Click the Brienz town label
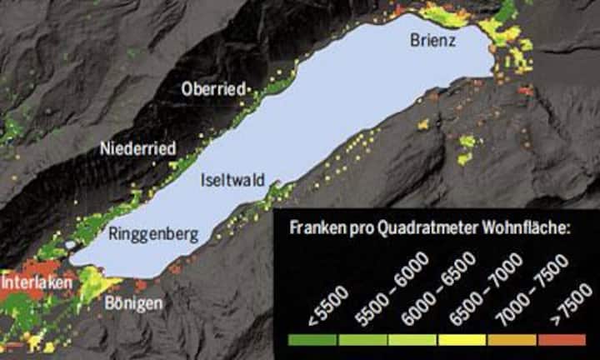click(x=432, y=40)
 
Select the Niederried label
click(x=137, y=149)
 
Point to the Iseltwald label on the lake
click(x=228, y=179)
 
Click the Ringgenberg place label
click(x=153, y=235)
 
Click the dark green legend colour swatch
click(x=312, y=340)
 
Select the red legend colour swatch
click(x=562, y=340)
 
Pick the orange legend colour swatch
click(x=512, y=340)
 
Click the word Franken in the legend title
click(x=316, y=227)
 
